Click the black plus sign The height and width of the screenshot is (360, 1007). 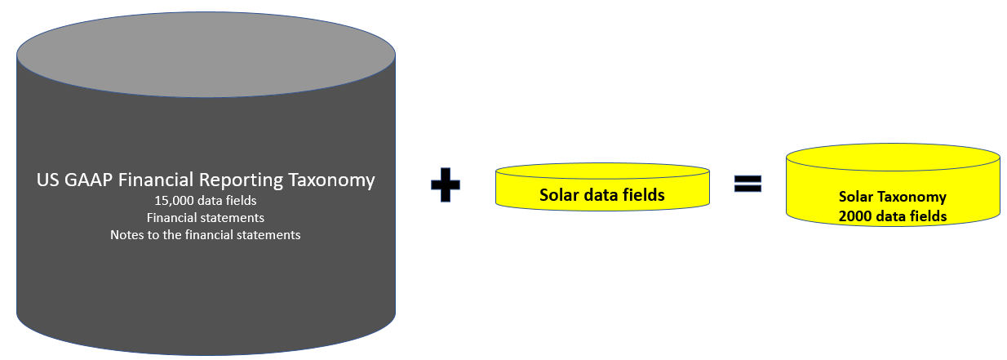click(x=445, y=186)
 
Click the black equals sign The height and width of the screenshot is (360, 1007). click(x=747, y=184)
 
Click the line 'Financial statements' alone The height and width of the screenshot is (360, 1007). click(x=205, y=218)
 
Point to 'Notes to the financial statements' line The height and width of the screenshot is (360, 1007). click(x=205, y=235)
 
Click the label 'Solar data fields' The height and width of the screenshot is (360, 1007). click(x=601, y=195)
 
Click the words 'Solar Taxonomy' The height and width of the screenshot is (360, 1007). click(x=892, y=197)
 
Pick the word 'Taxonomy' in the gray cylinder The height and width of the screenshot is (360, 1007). click(x=338, y=180)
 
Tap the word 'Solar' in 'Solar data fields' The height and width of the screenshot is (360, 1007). click(x=557, y=195)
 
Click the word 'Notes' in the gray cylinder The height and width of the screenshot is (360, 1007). click(x=127, y=235)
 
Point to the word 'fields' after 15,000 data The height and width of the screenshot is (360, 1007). click(x=241, y=200)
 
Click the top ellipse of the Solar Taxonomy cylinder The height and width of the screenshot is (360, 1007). click(x=892, y=158)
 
